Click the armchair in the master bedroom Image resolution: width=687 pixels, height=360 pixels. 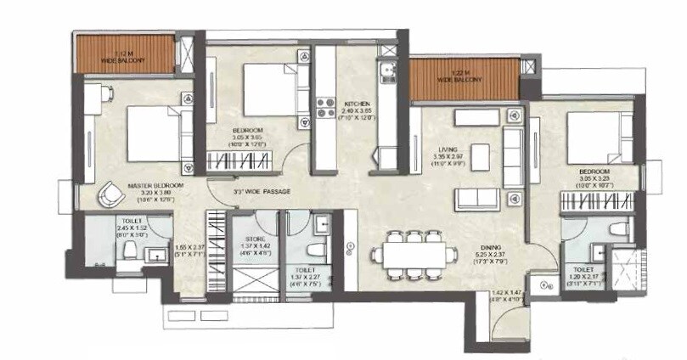[x=109, y=195]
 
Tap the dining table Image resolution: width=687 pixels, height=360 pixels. [x=410, y=253]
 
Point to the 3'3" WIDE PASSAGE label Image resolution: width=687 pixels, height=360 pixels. [x=261, y=193]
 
